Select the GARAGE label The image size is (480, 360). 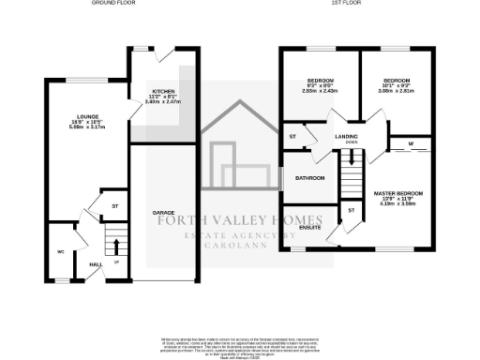[x=164, y=214]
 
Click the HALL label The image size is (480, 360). [x=94, y=265]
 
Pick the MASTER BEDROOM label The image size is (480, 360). [x=398, y=193]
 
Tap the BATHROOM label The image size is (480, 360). [x=309, y=177]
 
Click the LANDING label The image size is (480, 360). [x=347, y=136]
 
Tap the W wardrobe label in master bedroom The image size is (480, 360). [x=412, y=143]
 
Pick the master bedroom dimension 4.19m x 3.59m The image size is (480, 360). [x=398, y=204]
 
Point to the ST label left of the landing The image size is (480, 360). [x=292, y=137]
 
